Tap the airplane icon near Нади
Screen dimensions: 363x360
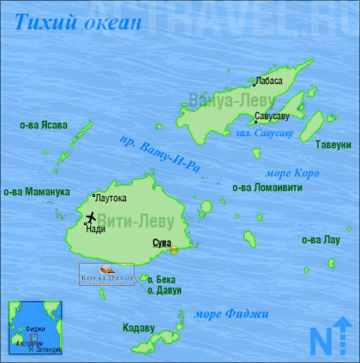(91, 217)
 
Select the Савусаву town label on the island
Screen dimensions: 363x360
(272, 115)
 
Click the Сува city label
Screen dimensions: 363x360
(161, 244)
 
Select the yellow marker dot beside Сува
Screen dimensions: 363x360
(175, 250)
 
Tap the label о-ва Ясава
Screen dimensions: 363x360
(43, 125)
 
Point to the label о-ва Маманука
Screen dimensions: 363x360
(36, 192)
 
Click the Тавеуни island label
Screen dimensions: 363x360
(333, 144)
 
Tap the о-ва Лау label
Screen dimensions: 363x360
(321, 241)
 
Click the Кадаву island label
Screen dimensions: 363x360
(138, 327)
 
